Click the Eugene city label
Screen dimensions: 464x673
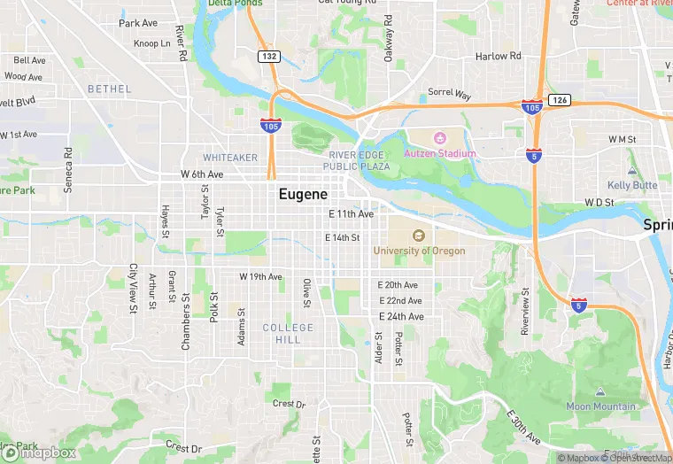303,194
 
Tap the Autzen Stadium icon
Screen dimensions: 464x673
440,138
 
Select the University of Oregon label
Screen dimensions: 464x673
419,251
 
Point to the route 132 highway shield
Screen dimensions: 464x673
269,56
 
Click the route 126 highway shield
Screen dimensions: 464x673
558,100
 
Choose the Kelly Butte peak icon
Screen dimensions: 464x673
631,170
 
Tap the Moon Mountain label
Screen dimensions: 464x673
600,406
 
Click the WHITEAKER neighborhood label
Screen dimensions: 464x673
230,158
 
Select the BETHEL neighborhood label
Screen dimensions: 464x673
109,89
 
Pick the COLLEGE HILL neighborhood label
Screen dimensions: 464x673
288,334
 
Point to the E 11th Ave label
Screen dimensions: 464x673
351,214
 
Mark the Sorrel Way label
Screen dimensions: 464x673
450,93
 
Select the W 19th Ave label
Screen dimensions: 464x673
260,277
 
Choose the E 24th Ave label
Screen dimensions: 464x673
401,316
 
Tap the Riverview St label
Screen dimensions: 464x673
525,311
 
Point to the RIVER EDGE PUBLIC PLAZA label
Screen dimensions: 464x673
357,160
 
